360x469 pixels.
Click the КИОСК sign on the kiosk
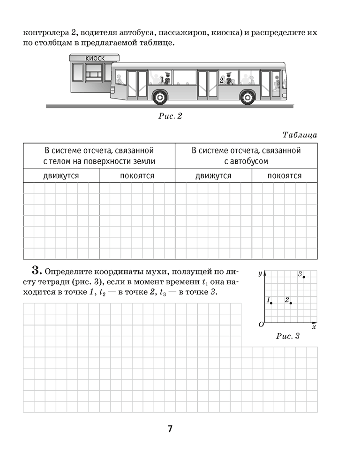[95, 58]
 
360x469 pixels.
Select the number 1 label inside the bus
[162, 80]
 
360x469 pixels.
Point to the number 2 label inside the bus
[221, 80]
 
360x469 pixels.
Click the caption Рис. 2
[170, 116]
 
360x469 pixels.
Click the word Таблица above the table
[300, 135]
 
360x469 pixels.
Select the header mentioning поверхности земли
[99, 156]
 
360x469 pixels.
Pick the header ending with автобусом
[246, 156]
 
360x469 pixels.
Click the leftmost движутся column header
[61, 176]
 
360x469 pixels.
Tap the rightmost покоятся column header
[285, 176]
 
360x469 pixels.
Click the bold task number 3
[37, 271]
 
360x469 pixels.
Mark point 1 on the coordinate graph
[271, 303]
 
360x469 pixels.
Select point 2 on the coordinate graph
[291, 303]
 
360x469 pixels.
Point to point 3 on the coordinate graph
[304, 277]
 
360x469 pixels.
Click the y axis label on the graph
[260, 273]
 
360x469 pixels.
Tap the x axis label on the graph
[314, 326]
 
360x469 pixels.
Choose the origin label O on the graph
[261, 325]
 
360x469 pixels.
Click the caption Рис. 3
[288, 336]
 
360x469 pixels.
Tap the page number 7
[170, 429]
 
